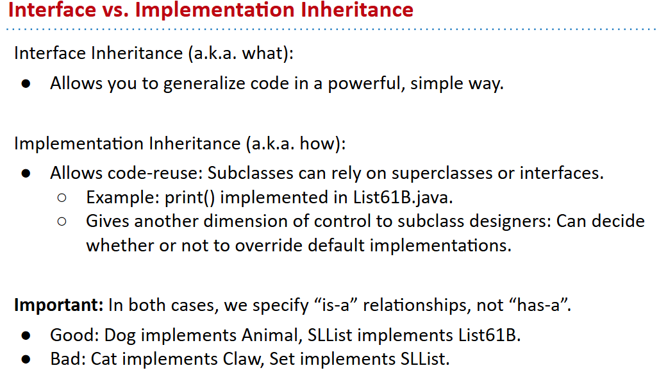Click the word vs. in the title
click(115, 10)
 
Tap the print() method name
click(190, 197)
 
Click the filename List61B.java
click(402, 197)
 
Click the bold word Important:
click(59, 305)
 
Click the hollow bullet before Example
click(62, 198)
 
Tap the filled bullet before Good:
click(26, 335)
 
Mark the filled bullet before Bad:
click(26, 359)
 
